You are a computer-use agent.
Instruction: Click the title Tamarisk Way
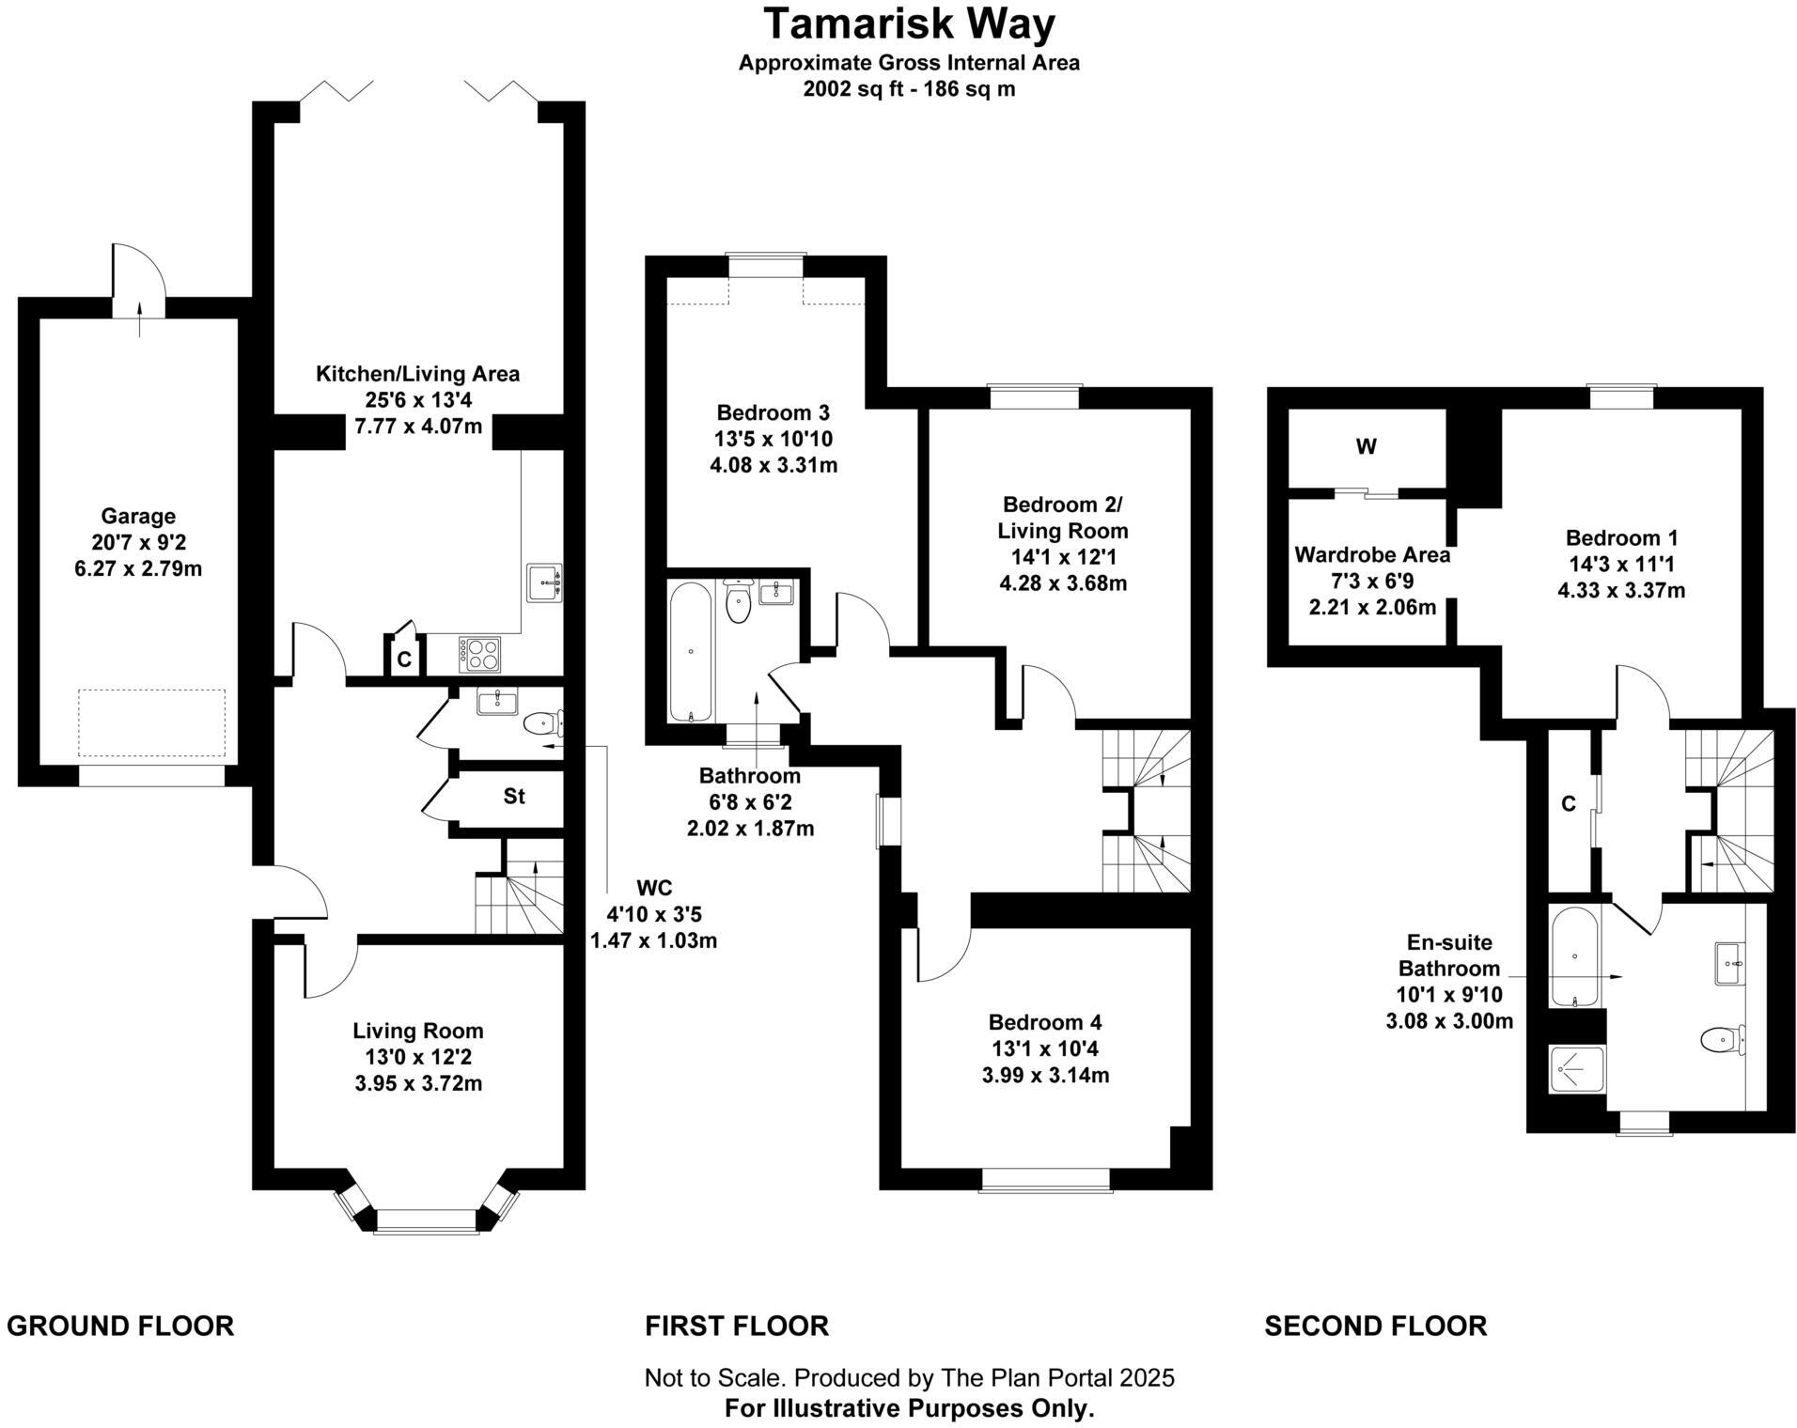coord(909,24)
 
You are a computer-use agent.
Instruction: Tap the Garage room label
coord(138,516)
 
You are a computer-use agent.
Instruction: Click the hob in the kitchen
coord(480,653)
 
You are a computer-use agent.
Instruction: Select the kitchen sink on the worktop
coord(544,582)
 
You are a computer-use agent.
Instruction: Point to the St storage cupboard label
coord(513,797)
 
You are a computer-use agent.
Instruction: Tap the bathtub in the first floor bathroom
coord(691,651)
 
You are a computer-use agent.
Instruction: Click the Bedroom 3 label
coord(773,412)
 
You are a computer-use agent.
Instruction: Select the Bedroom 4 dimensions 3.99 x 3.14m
coord(1045,1075)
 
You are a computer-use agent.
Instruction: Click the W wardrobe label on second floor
coord(1366,447)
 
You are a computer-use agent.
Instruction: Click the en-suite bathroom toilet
coord(1720,1039)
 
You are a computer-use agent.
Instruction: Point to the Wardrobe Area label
coord(1371,554)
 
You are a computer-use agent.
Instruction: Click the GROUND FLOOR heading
coord(120,1326)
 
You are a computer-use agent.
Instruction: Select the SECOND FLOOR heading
coord(1375,1326)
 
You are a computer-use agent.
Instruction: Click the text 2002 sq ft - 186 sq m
coord(909,89)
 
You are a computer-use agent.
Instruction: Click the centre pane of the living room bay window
coord(426,1219)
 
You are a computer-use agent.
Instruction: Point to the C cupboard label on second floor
coord(1568,803)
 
